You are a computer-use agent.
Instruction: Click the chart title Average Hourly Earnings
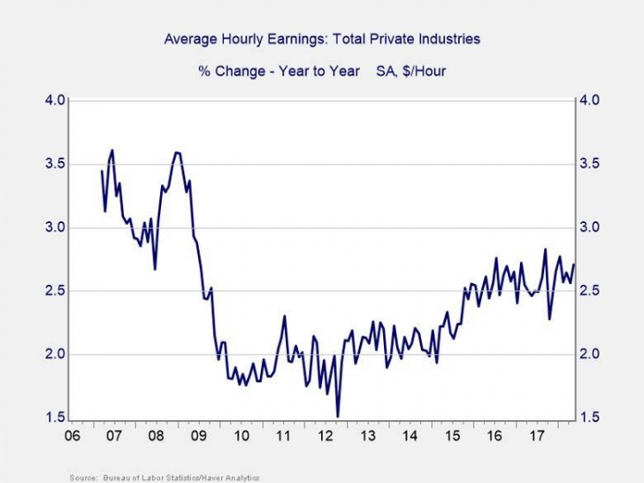(x=322, y=40)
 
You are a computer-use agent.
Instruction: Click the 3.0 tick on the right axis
(x=590, y=227)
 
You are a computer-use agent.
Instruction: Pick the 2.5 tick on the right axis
(x=590, y=291)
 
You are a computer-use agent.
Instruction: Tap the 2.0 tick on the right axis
(x=590, y=355)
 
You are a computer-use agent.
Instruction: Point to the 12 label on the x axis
(x=325, y=437)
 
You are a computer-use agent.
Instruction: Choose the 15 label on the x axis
(x=452, y=437)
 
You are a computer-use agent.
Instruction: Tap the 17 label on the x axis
(x=536, y=437)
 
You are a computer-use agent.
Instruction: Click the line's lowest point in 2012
(x=338, y=416)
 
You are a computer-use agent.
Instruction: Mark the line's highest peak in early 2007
(x=112, y=150)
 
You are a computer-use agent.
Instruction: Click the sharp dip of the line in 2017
(x=549, y=318)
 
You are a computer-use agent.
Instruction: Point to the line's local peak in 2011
(x=285, y=316)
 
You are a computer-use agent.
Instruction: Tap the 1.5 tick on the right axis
(x=590, y=418)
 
